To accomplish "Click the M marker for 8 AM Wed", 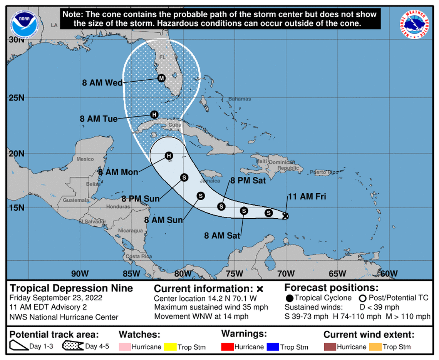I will tap(161, 78).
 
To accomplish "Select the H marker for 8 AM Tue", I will tap(154, 114).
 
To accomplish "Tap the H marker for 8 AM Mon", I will tap(168, 156).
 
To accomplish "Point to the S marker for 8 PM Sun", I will tap(184, 177).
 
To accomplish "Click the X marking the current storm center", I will tap(285, 216).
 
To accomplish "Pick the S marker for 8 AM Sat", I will tap(244, 211).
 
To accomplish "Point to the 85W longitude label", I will tap(131, 273).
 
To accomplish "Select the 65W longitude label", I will tap(337, 273).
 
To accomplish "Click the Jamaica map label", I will tap(210, 181).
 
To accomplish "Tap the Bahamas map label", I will tap(240, 99).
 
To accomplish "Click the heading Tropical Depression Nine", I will tap(71, 288).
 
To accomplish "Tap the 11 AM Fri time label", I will tap(307, 197).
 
